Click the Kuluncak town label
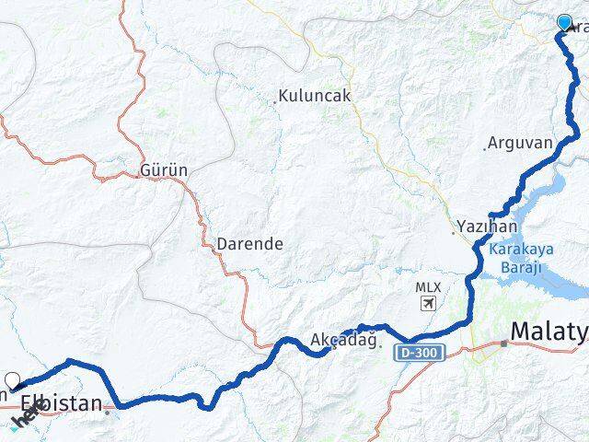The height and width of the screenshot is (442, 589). click(x=315, y=96)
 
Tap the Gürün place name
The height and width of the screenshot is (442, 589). click(x=165, y=170)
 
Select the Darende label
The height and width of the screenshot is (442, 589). click(x=249, y=245)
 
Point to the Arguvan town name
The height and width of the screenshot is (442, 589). click(x=520, y=143)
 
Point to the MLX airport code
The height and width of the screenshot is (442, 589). click(x=428, y=287)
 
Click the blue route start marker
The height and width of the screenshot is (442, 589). click(x=564, y=22)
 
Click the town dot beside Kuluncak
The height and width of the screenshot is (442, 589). click(x=274, y=102)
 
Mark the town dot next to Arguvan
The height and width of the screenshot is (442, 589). click(x=485, y=148)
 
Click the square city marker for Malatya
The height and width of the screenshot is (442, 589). click(x=504, y=343)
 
